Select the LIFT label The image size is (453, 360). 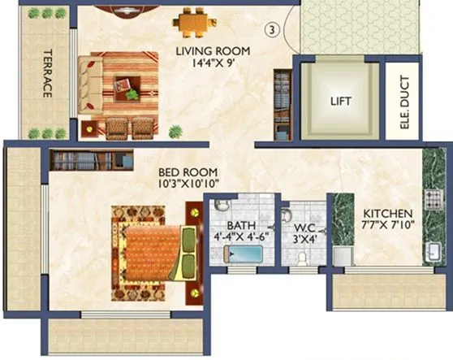pos(341,102)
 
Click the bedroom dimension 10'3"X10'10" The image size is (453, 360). pos(188,184)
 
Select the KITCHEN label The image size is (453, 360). pos(387,213)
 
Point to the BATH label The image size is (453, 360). pos(240,225)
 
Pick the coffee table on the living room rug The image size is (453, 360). pos(125,83)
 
